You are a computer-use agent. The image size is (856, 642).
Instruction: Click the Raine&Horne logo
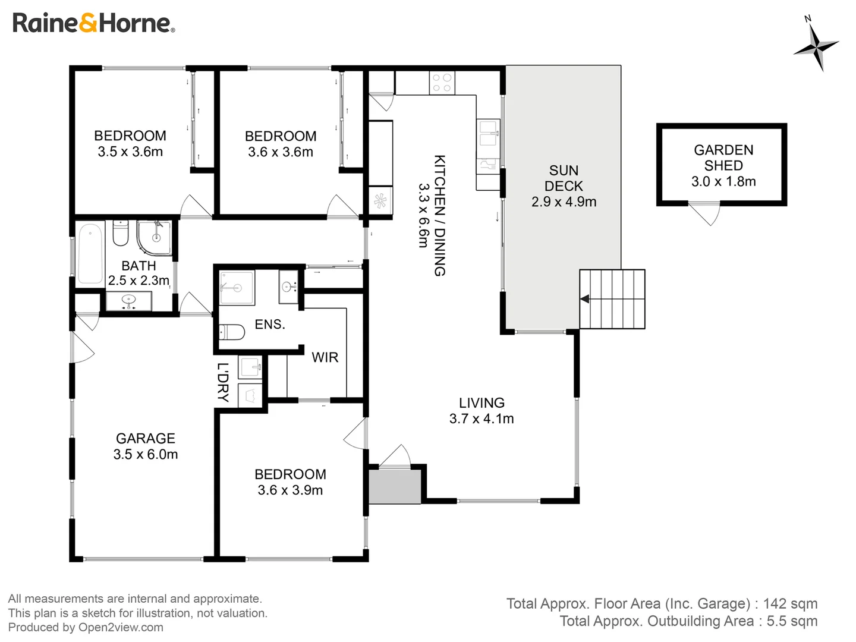click(93, 23)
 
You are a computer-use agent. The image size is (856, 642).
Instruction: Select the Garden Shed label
click(723, 158)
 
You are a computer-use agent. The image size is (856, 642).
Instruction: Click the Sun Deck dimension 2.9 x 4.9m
click(564, 202)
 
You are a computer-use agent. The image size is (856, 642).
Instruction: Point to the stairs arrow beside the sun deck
click(584, 299)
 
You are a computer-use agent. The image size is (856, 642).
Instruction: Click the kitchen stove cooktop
click(442, 83)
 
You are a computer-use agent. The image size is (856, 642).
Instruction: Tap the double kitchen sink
click(488, 133)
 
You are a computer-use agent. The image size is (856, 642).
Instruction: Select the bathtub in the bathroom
click(90, 253)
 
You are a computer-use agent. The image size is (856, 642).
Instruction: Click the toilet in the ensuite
click(232, 332)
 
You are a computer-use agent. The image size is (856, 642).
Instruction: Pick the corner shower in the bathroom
click(155, 238)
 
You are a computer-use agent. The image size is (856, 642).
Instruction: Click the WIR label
click(325, 357)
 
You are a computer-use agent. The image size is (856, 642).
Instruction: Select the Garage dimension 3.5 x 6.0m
click(146, 455)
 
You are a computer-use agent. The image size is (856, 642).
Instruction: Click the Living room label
click(481, 402)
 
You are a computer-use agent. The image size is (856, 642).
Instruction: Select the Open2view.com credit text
click(121, 627)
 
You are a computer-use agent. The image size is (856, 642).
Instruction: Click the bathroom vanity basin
click(128, 301)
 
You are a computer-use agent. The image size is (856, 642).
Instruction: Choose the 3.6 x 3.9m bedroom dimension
click(290, 490)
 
